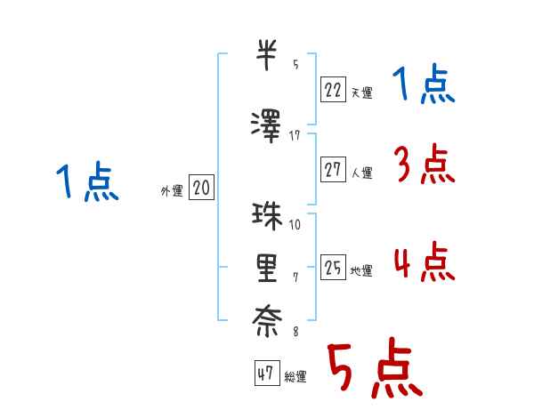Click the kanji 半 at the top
[x=266, y=55]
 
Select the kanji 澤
[x=266, y=126]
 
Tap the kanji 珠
[x=267, y=216]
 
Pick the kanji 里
[x=267, y=269]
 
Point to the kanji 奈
[x=267, y=321]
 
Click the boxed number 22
[x=333, y=90]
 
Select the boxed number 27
[x=333, y=170]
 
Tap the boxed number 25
[x=333, y=267]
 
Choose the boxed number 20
[x=201, y=188]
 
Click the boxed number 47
[x=267, y=373]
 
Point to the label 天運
[x=361, y=92]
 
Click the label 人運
[x=361, y=173]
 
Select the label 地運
[x=361, y=270]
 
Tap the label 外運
[x=172, y=191]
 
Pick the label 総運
[x=295, y=376]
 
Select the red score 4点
[x=425, y=261]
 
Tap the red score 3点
[x=425, y=164]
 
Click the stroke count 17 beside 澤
[x=295, y=136]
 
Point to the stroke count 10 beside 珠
[x=295, y=225]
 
